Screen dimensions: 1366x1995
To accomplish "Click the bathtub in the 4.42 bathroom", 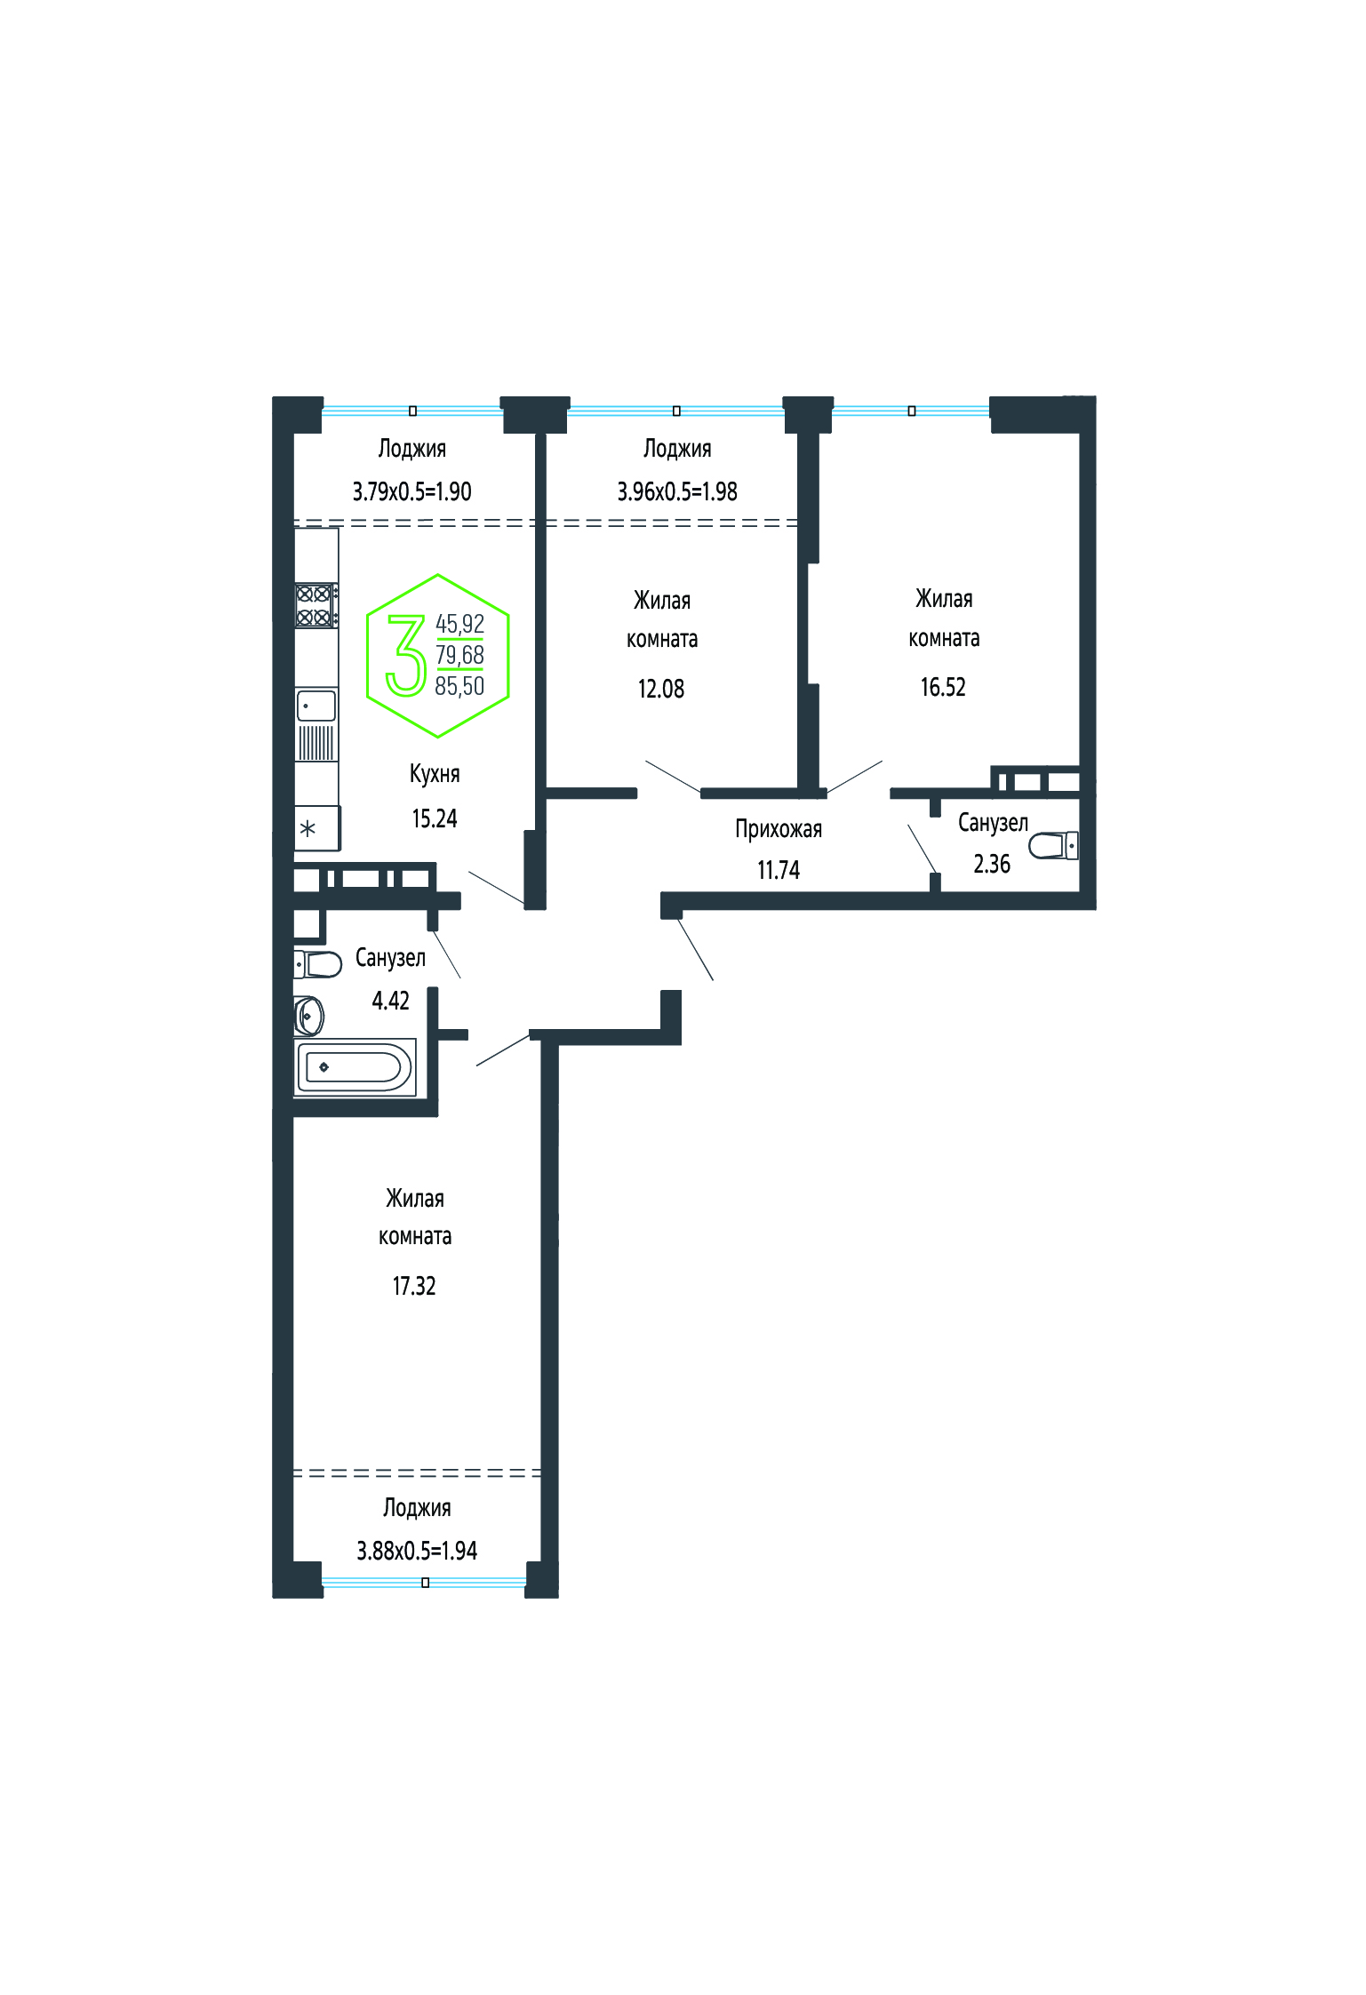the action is coord(355,1066).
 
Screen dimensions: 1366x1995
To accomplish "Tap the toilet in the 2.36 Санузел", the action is coord(1054,845).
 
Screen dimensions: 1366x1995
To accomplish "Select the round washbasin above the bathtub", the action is coord(308,1016).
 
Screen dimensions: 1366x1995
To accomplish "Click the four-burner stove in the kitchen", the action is coord(316,605).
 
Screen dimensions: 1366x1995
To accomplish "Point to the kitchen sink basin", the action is coord(316,706).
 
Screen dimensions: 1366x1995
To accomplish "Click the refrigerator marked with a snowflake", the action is coord(317,828).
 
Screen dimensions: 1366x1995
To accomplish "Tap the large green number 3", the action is coord(405,655).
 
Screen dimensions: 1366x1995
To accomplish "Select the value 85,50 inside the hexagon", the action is coord(459,686).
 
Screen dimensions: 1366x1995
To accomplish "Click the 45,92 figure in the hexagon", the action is coord(459,624).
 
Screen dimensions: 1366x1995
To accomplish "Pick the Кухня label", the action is coord(435,773).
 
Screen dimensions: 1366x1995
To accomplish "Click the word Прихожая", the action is coord(779,829).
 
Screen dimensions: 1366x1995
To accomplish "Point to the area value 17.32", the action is coord(414,1286).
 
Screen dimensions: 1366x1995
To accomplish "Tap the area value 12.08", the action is coord(661,689).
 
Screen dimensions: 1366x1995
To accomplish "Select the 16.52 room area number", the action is coord(943,687).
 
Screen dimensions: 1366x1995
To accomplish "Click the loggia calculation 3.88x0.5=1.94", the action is coord(417,1551).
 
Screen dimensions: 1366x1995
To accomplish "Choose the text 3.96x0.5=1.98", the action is coord(677,491).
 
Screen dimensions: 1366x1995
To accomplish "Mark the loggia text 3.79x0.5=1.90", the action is coord(411,491).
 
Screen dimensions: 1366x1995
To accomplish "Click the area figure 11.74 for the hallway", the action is coord(779,870).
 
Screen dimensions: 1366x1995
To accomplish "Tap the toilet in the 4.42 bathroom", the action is coord(318,964).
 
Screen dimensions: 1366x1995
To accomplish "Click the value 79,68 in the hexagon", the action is coord(459,655).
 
